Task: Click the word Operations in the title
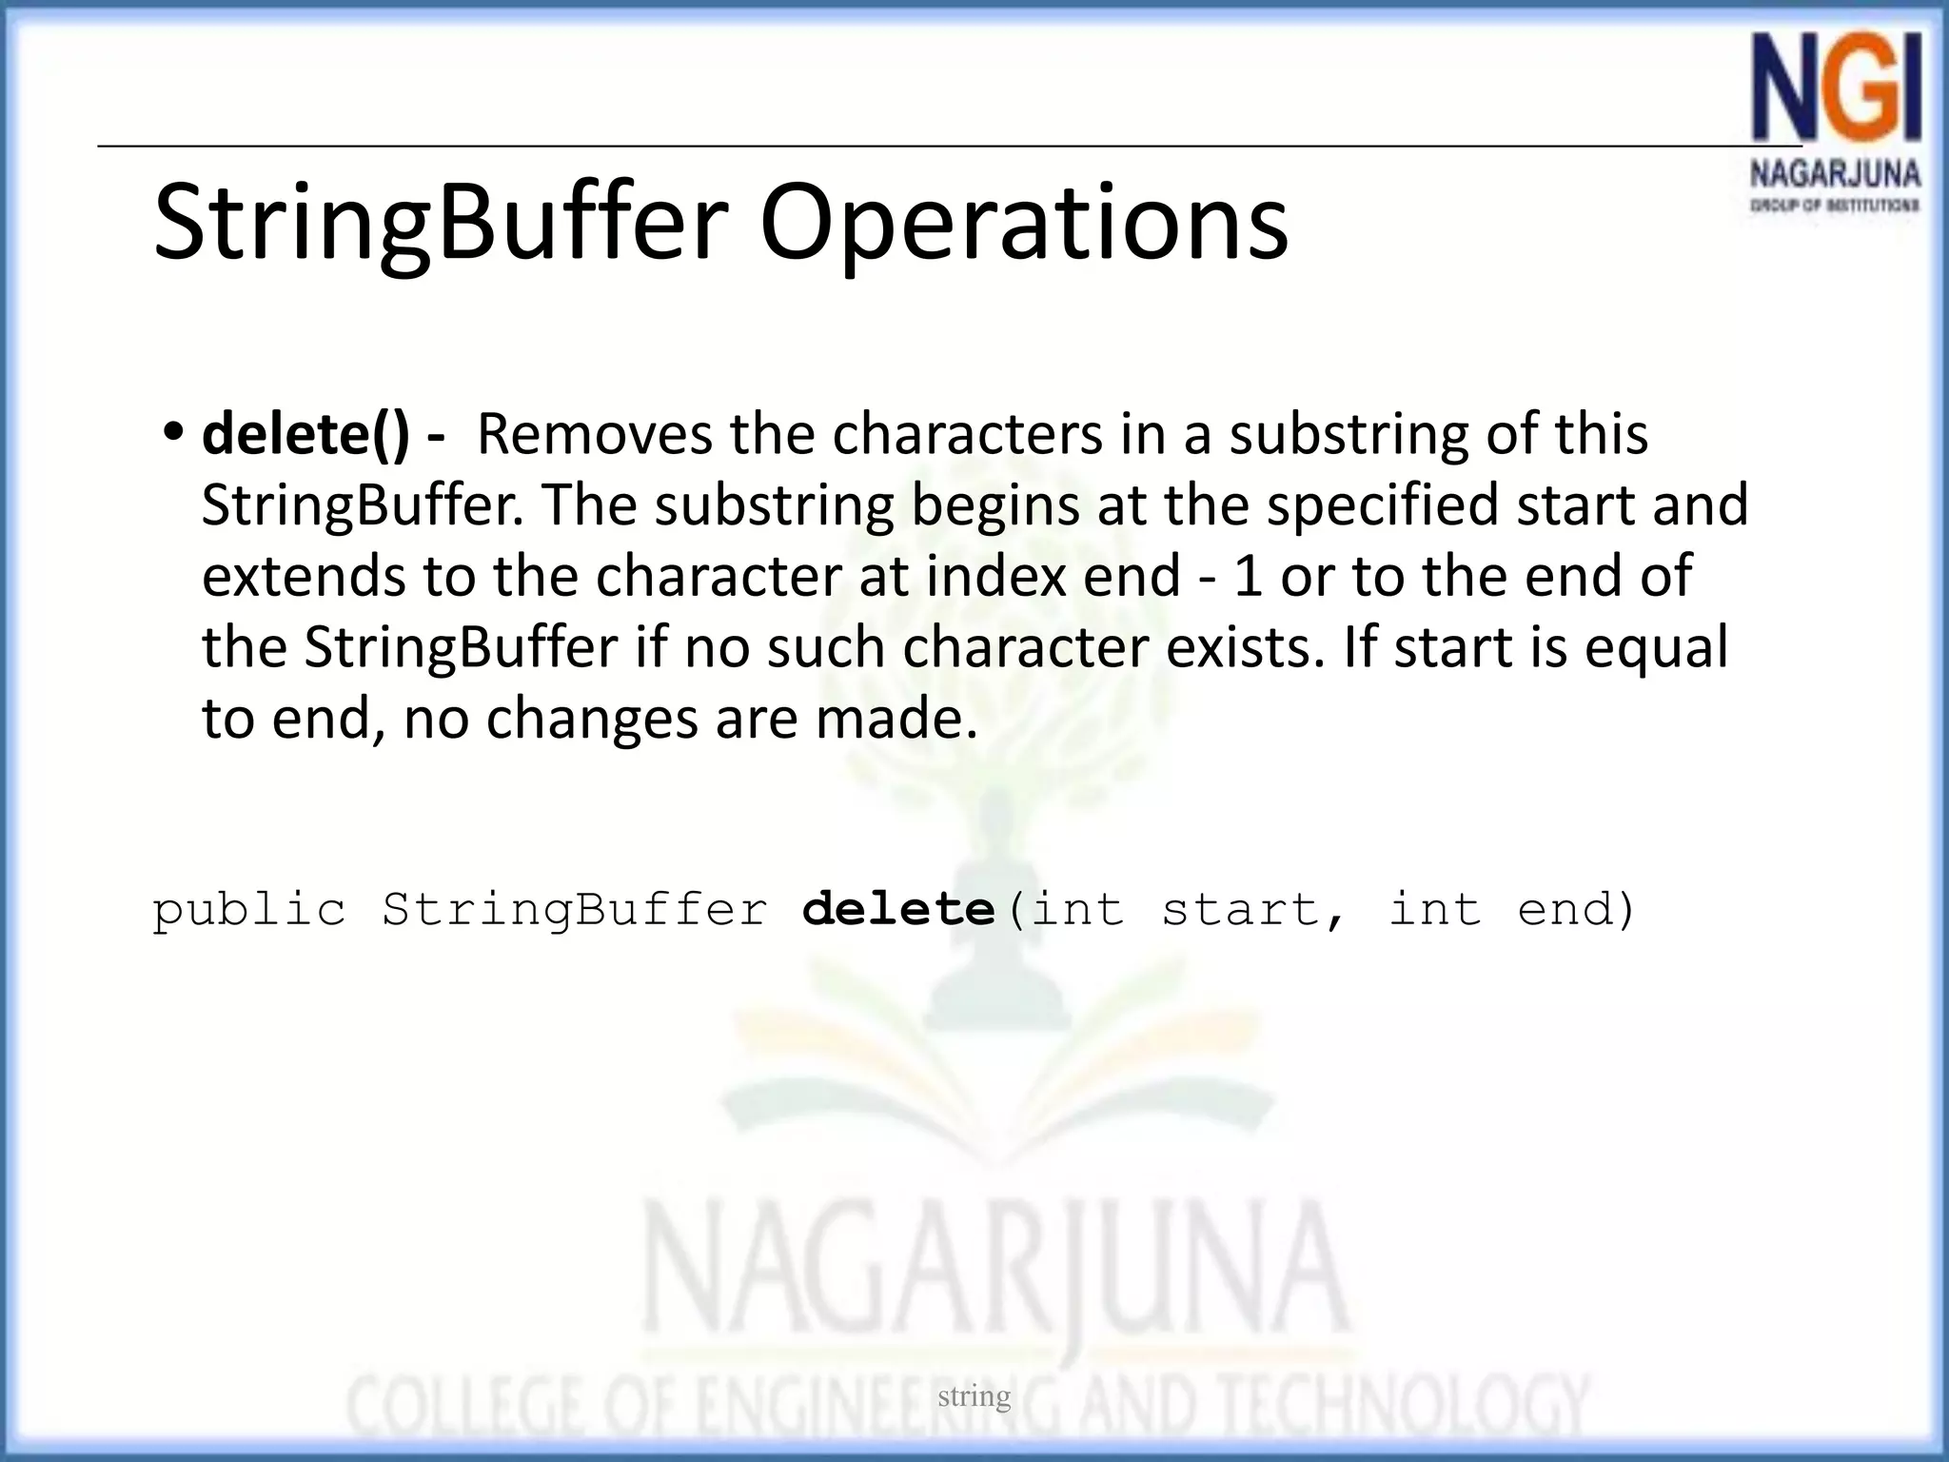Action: click(x=1023, y=223)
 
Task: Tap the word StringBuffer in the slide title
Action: click(x=441, y=223)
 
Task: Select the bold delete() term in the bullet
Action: click(x=305, y=435)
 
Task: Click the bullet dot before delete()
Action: click(x=172, y=433)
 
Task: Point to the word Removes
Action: click(x=594, y=435)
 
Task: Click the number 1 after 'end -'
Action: click(x=1248, y=576)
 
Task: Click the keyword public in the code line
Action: click(x=249, y=911)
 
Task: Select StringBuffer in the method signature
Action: click(x=575, y=911)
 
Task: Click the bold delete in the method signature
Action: click(x=898, y=909)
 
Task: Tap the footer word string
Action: click(x=974, y=1396)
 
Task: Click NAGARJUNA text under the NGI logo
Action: click(x=1835, y=175)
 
